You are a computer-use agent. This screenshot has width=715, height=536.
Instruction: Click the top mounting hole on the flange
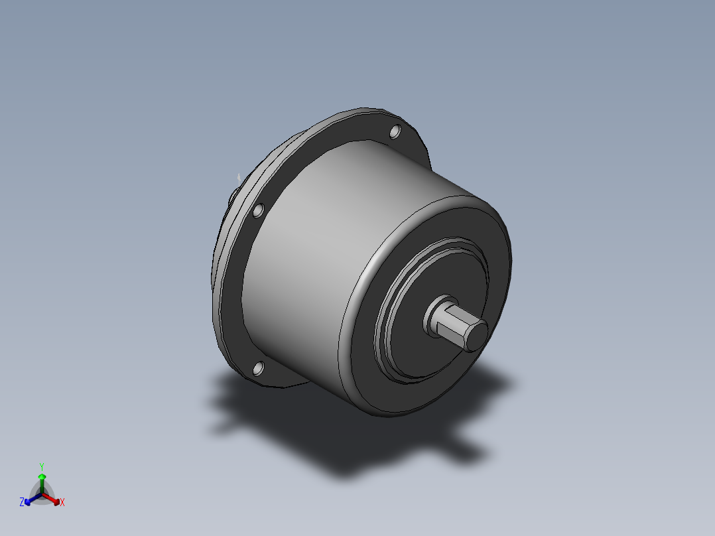click(395, 133)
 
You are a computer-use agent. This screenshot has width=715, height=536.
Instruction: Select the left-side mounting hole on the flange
click(259, 212)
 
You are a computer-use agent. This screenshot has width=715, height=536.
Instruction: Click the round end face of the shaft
click(475, 335)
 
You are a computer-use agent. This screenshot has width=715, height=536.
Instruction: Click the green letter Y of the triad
click(41, 466)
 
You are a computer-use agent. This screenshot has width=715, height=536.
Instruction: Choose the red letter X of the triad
click(62, 502)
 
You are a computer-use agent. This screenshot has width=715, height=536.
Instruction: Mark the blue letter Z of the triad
click(22, 502)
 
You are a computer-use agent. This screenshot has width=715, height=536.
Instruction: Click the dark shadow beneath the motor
click(332, 438)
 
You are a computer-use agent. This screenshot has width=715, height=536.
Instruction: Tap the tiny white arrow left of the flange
click(239, 178)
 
